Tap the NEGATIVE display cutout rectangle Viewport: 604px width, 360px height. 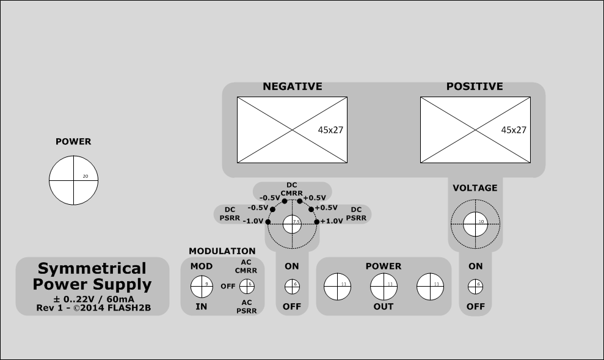[291, 130]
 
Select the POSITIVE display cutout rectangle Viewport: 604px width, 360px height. [475, 130]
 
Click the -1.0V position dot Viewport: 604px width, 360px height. [267, 221]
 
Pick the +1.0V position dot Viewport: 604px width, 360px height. [317, 221]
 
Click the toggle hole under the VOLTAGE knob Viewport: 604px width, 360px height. [475, 285]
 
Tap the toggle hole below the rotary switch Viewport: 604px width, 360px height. [292, 285]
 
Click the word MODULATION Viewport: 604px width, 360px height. [222, 251]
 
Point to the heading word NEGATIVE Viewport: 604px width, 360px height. [292, 87]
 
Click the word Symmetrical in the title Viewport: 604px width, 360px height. [92, 268]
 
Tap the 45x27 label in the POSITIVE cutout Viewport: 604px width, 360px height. [514, 130]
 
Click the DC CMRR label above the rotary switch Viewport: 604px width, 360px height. [292, 189]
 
